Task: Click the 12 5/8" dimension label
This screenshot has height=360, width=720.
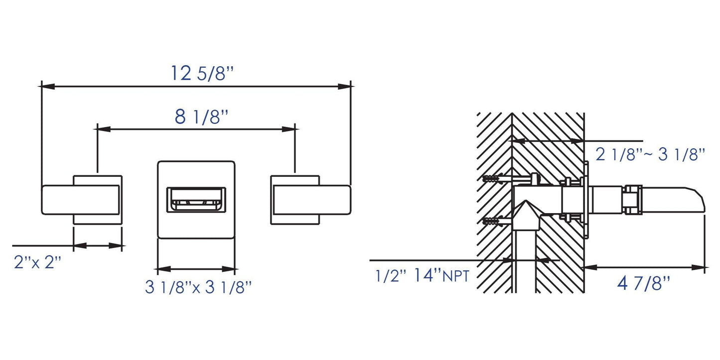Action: (x=202, y=74)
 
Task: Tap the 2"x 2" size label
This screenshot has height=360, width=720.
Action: (x=38, y=262)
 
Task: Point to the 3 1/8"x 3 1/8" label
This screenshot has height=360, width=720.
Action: (x=198, y=287)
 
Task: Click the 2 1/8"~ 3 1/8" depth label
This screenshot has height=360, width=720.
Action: (x=650, y=154)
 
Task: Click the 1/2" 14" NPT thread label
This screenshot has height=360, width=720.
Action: (x=422, y=275)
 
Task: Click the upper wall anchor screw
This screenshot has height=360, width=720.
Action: (x=493, y=178)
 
